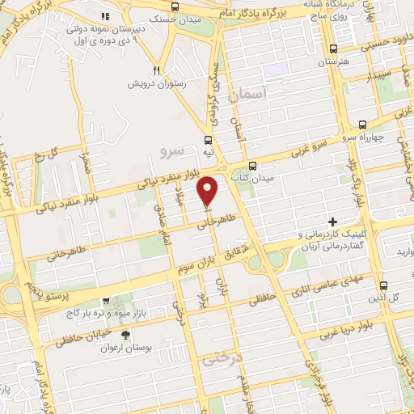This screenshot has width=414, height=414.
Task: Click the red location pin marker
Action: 209,190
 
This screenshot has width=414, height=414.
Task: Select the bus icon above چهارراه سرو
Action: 361,125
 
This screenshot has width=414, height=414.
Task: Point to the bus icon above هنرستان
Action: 333,49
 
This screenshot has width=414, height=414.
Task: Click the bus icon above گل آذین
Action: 383,285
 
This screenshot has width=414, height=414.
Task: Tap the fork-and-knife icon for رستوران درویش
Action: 158,70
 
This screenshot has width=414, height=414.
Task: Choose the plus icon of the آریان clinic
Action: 332,222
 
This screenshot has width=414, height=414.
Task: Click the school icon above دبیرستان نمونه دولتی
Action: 104,17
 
